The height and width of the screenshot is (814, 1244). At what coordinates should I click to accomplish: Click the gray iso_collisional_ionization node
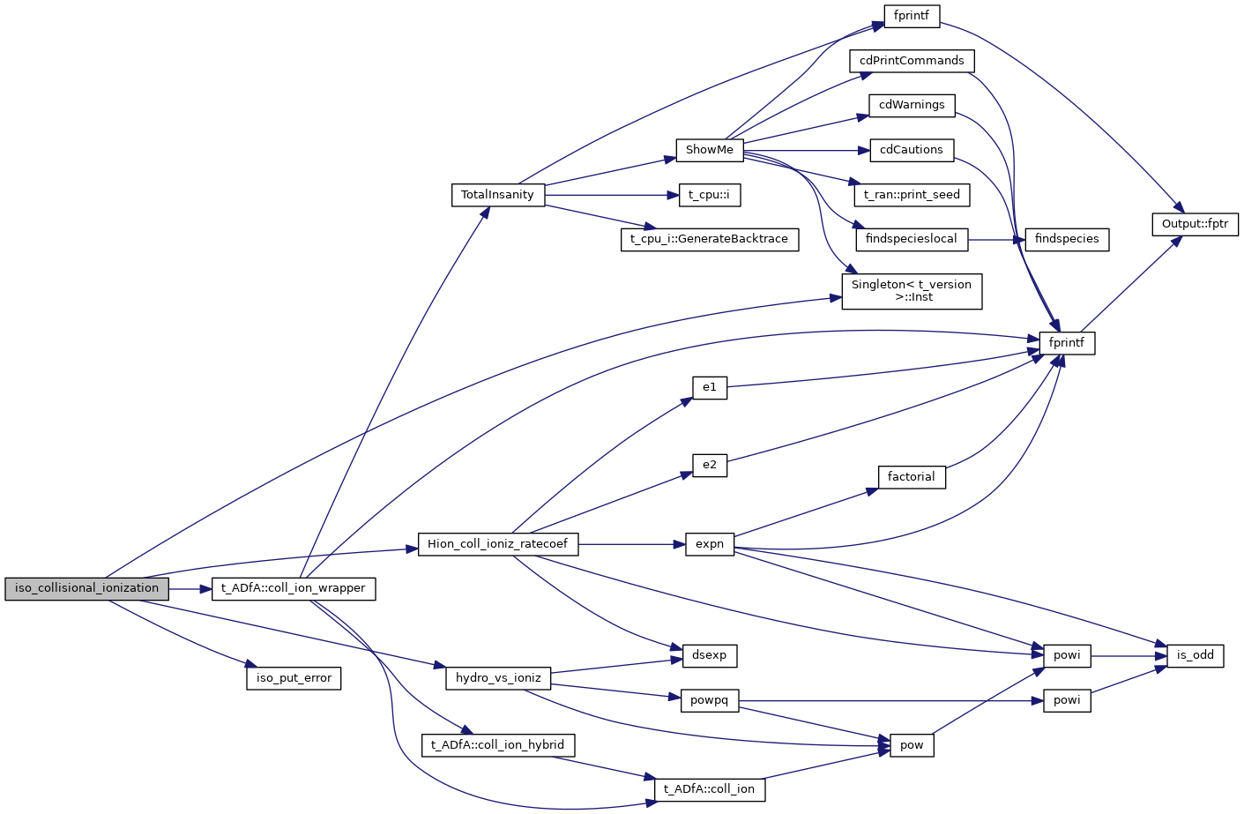tap(86, 588)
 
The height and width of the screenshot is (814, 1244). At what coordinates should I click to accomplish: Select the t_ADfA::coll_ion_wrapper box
tap(294, 588)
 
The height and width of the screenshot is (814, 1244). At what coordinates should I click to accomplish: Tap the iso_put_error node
tap(294, 678)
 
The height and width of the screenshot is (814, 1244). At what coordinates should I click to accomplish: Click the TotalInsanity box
tap(497, 195)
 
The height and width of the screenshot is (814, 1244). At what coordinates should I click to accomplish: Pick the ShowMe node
tap(710, 150)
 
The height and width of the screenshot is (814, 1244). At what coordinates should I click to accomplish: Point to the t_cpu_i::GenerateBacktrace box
tap(710, 239)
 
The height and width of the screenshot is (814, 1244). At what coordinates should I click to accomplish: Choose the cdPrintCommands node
tap(912, 61)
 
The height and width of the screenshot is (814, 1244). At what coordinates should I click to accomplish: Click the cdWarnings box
tap(912, 105)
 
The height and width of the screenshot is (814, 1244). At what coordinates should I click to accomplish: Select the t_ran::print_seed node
tap(912, 195)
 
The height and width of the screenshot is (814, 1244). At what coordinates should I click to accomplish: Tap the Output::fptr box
tap(1195, 224)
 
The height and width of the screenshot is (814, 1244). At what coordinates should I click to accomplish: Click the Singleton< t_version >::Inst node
tap(912, 291)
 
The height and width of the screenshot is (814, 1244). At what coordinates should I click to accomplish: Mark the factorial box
tap(912, 477)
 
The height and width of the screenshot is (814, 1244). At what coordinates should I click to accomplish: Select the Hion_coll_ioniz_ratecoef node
tap(497, 544)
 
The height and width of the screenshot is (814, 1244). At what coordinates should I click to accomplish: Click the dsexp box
tap(710, 655)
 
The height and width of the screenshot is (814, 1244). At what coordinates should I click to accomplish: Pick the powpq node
tap(710, 700)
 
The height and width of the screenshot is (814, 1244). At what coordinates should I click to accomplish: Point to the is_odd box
tap(1195, 655)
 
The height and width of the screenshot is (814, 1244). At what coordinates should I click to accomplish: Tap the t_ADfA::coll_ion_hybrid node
tap(497, 745)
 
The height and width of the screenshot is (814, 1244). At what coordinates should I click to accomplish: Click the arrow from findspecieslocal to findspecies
tap(996, 239)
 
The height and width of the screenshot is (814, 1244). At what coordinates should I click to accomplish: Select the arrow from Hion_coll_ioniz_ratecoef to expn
tap(631, 544)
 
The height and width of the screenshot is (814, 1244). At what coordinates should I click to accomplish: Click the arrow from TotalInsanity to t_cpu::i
tap(612, 195)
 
